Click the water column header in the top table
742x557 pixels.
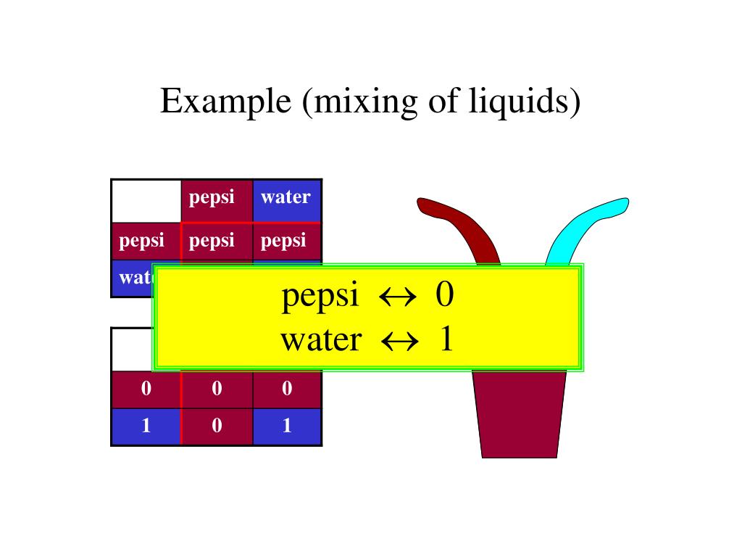286,197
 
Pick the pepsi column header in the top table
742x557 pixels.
212,197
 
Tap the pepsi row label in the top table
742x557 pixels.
142,241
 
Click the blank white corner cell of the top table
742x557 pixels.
146,201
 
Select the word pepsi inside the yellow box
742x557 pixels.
320,296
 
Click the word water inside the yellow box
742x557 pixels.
320,339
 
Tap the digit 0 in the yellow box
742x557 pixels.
445,296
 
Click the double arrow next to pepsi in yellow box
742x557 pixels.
398,297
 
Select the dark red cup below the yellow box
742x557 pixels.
519,413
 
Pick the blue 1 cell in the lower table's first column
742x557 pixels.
146,426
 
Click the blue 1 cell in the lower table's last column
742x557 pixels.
287,426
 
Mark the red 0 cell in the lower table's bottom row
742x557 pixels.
217,426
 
